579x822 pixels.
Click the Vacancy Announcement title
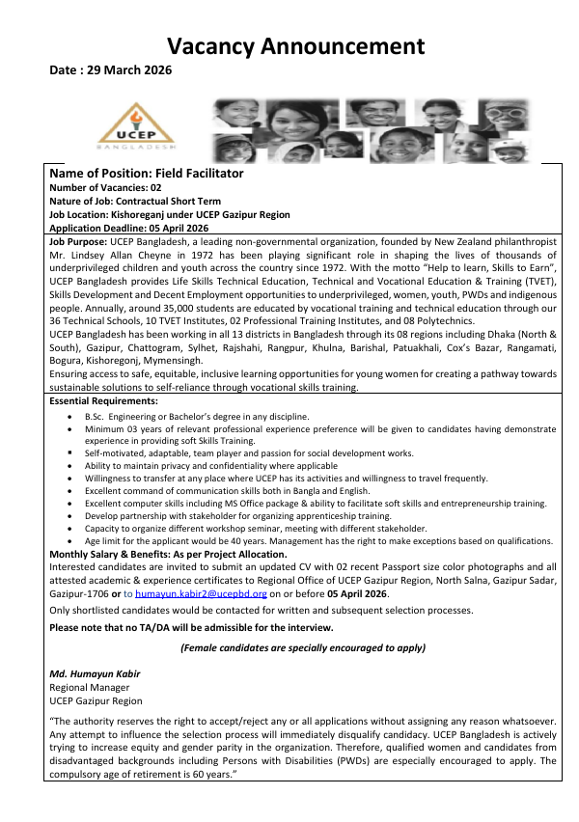tap(295, 45)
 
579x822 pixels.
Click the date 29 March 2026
tap(105, 70)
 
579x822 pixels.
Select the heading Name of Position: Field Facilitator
tap(146, 173)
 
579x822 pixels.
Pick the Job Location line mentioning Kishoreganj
tap(169, 213)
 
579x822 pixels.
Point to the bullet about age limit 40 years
tap(318, 541)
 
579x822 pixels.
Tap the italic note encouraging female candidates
tap(303, 648)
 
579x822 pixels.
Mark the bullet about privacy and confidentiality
tap(210, 465)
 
